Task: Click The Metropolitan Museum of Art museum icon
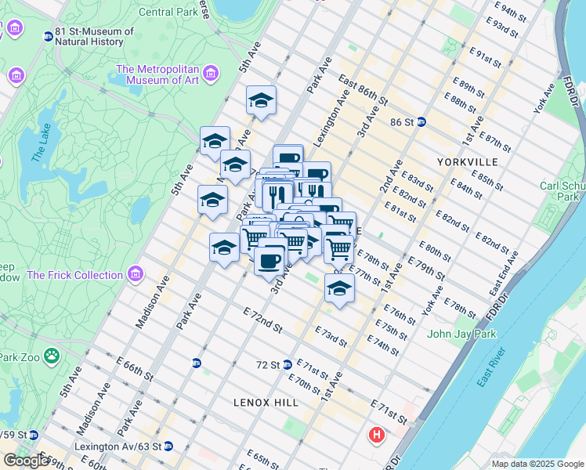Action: (210, 74)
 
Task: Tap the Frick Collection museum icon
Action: (136, 275)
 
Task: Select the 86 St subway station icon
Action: (421, 121)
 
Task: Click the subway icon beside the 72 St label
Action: (287, 364)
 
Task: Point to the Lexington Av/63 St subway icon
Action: (168, 446)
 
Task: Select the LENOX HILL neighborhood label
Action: (266, 402)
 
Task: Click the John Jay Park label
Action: (461, 334)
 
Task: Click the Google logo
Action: (26, 461)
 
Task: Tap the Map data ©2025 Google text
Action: (537, 464)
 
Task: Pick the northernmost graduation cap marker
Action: (261, 100)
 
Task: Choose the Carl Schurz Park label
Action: (562, 191)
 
